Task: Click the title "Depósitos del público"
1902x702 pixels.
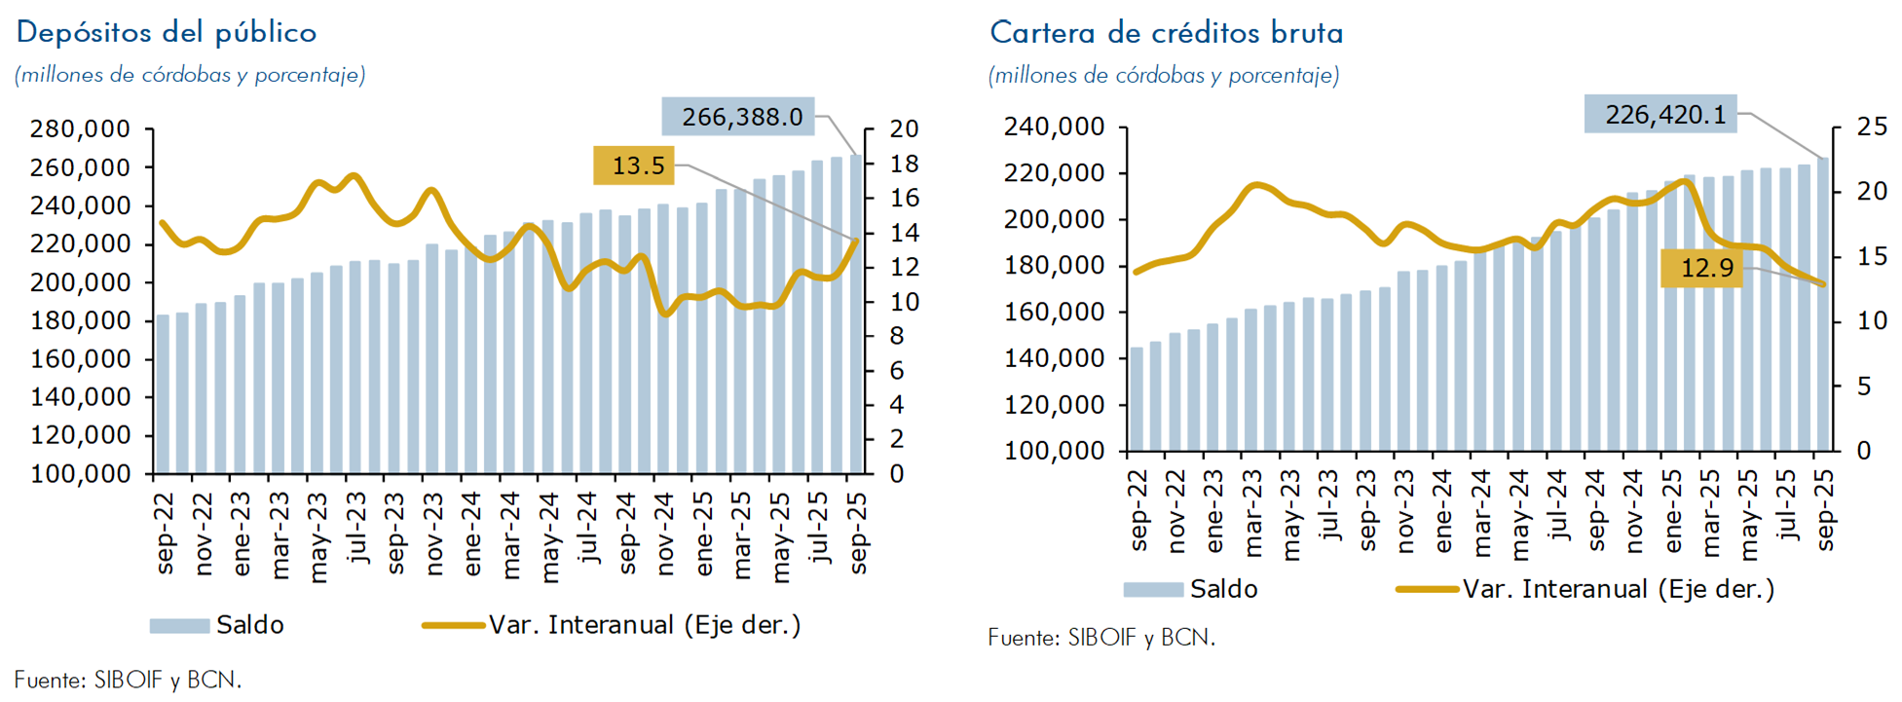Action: tap(167, 33)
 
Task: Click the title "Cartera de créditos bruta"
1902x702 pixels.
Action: tap(1166, 34)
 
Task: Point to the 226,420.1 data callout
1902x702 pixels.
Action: tap(1664, 115)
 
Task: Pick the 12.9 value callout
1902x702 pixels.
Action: tap(1706, 268)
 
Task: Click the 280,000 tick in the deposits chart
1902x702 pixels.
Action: tap(80, 129)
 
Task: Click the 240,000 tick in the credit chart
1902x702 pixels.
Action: tap(1055, 128)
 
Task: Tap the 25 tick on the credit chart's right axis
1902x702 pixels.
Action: tap(1872, 127)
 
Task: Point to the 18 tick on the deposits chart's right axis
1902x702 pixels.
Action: tap(905, 164)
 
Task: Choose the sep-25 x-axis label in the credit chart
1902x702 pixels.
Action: tap(1825, 510)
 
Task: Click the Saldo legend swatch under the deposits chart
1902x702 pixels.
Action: tap(179, 626)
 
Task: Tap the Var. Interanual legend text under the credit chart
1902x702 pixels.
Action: tap(1618, 589)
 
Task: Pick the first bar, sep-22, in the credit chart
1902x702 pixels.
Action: tap(1137, 399)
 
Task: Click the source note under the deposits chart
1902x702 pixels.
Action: tap(128, 680)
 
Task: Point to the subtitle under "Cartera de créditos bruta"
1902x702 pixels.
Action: tap(1163, 75)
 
